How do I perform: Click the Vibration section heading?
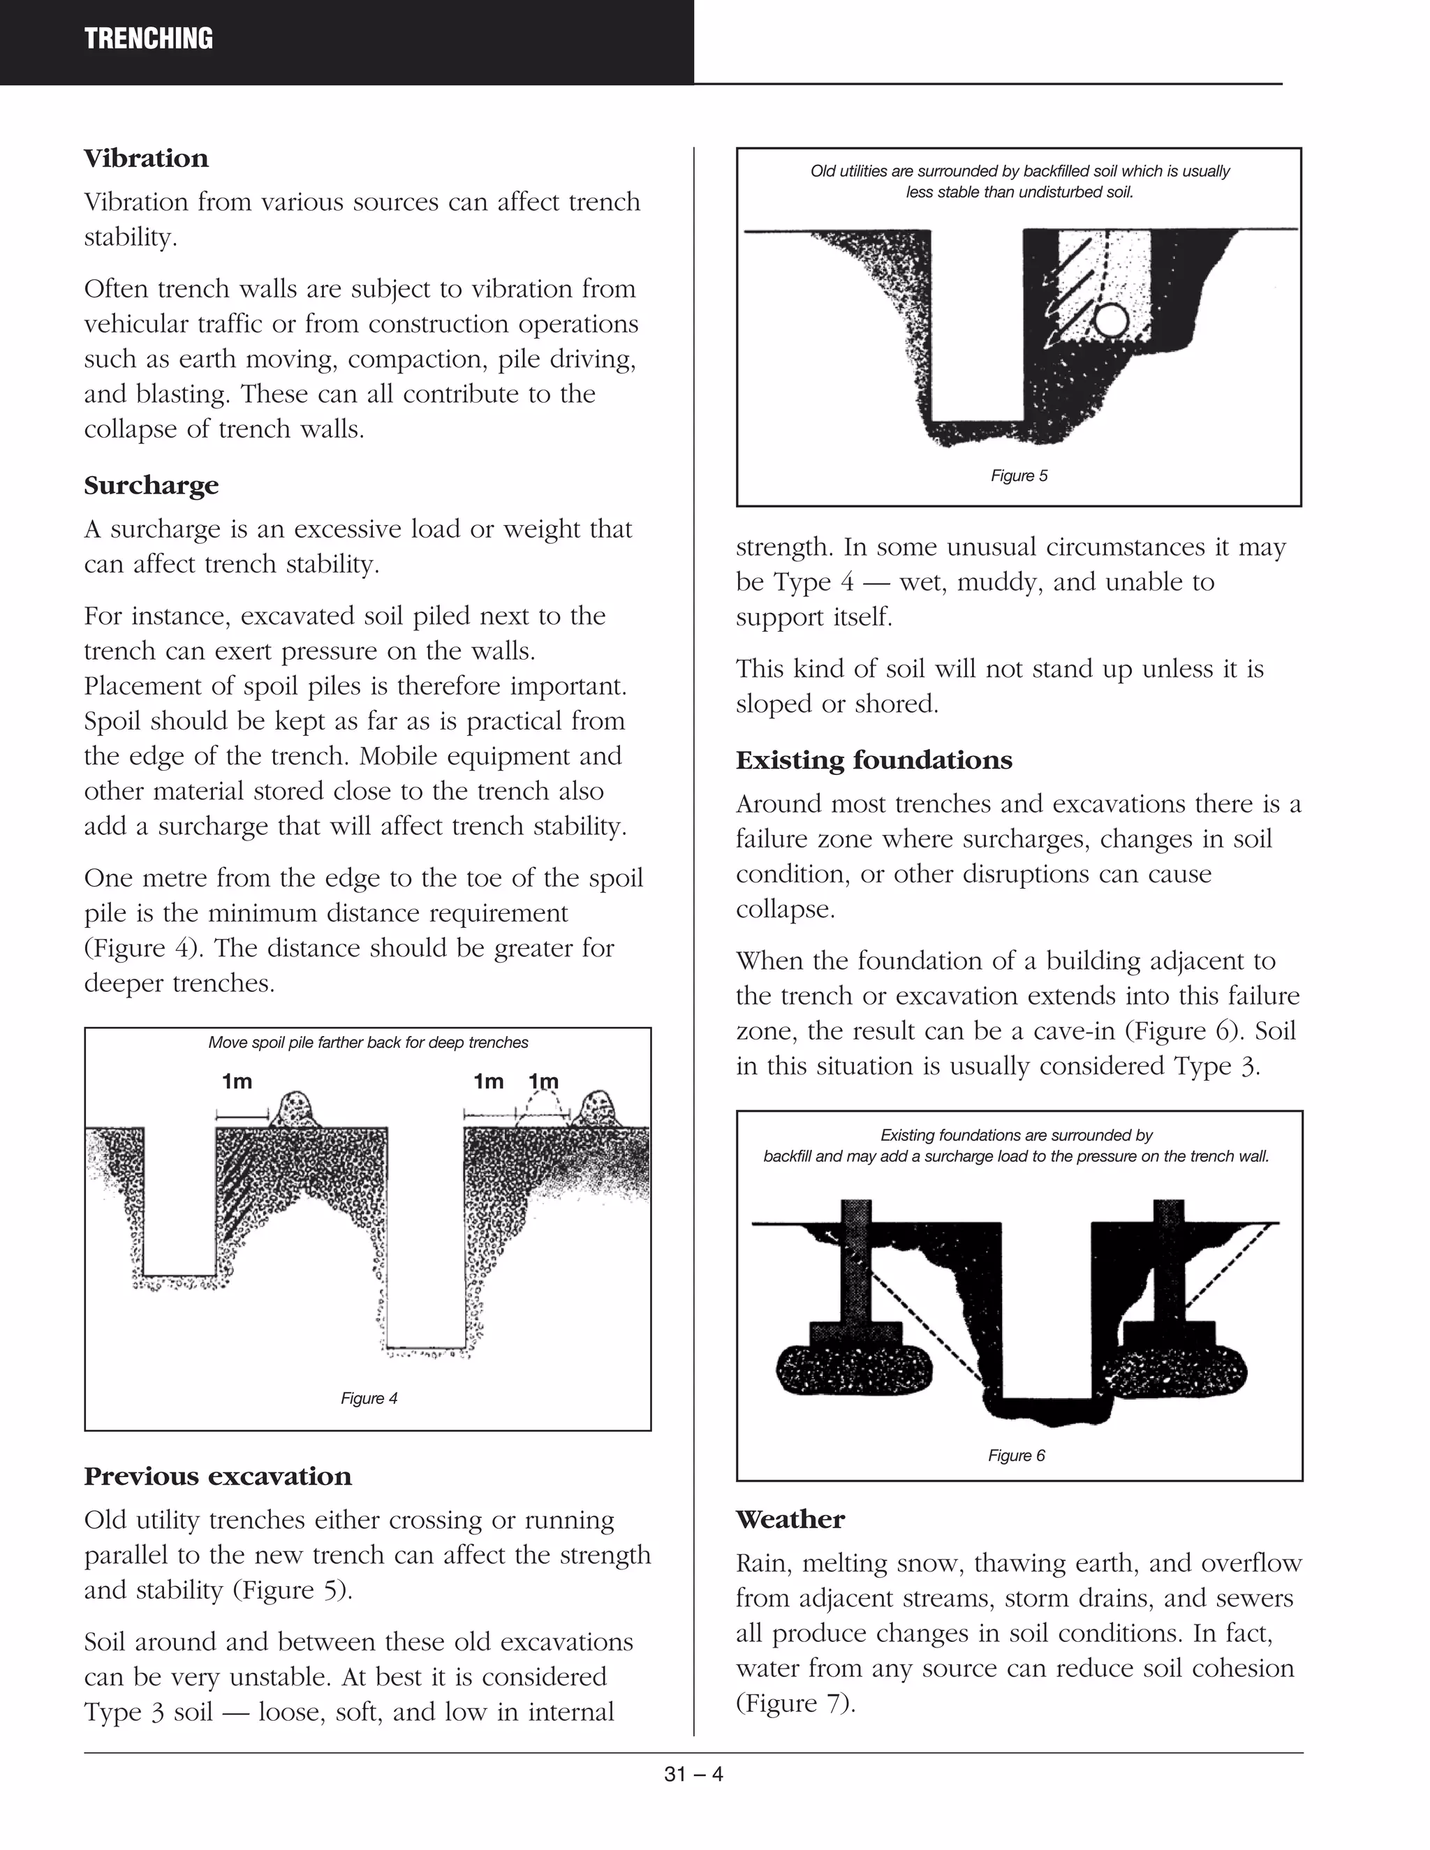click(146, 158)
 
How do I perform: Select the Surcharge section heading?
click(151, 485)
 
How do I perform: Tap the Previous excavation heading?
click(217, 1477)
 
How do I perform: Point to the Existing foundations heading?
click(874, 760)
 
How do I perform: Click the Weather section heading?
click(790, 1519)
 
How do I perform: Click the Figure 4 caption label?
click(369, 1398)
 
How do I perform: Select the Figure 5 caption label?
click(1019, 476)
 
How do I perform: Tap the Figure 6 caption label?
click(1016, 1456)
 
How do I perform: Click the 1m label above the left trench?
click(237, 1081)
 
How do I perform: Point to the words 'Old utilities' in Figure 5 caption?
click(846, 171)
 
